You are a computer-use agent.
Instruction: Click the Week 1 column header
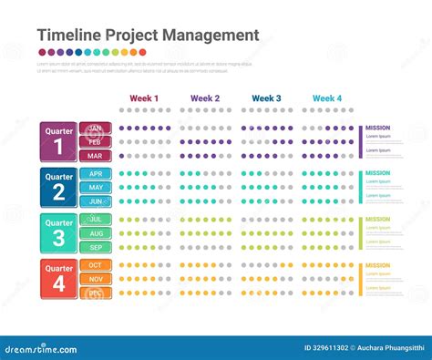click(144, 98)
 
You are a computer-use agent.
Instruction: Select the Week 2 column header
click(205, 98)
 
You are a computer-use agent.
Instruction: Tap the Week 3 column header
click(266, 98)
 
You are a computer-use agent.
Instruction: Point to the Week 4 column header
click(327, 98)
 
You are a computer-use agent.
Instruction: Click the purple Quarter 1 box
click(59, 141)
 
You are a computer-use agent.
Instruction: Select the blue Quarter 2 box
click(59, 187)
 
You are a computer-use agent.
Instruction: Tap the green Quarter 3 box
click(59, 232)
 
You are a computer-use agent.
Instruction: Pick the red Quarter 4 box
click(59, 278)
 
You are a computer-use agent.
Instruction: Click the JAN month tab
click(95, 129)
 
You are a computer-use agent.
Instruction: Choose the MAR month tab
click(95, 156)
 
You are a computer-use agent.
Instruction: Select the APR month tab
click(95, 173)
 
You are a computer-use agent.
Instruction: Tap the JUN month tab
click(95, 201)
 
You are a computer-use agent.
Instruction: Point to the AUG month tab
click(95, 233)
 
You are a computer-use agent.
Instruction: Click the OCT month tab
click(95, 265)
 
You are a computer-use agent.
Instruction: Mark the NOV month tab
click(95, 279)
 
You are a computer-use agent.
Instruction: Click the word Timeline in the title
click(68, 36)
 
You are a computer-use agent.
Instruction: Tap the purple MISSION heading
click(377, 129)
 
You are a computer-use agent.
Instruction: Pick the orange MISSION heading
click(377, 266)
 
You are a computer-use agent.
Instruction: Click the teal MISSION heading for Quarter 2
click(377, 173)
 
